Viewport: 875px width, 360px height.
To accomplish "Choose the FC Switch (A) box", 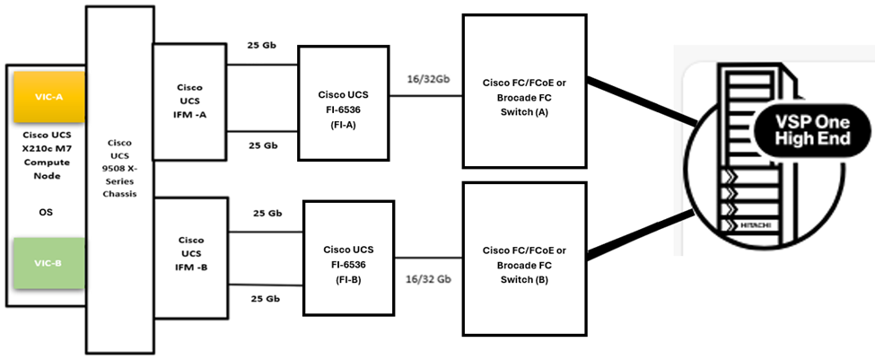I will coord(524,90).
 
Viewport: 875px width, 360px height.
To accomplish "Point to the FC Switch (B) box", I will coord(524,255).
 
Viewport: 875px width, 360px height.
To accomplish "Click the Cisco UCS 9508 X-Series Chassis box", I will coord(119,180).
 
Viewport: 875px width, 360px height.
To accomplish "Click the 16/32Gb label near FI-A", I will coord(428,80).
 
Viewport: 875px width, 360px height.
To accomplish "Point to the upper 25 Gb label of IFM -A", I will coord(263,44).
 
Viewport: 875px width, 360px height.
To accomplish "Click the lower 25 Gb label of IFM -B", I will coord(263,300).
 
